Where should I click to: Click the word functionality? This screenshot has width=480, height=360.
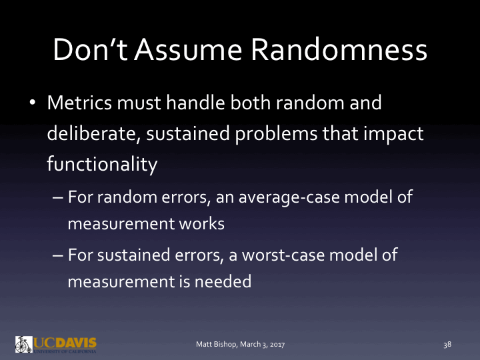pos(101,163)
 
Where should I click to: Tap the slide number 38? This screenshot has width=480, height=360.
pos(447,344)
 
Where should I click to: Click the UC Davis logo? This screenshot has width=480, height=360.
pos(56,344)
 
